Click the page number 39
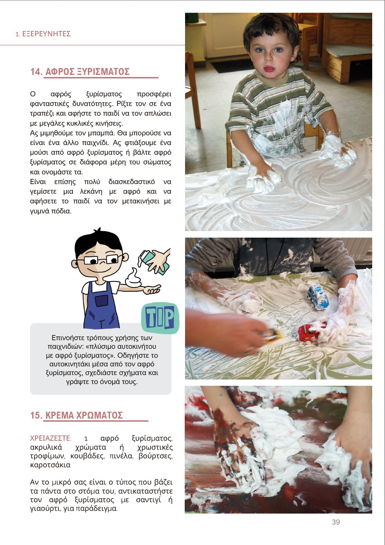click(336, 522)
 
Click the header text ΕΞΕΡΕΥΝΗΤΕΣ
click(46, 34)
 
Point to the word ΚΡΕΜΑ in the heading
click(59, 415)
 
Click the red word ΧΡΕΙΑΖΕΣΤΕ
click(51, 438)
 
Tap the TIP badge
click(160, 318)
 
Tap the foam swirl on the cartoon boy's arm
click(133, 278)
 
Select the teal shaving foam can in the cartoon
click(153, 262)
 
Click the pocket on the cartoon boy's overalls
click(101, 301)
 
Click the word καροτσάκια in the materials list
click(50, 465)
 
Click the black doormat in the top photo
click(231, 66)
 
